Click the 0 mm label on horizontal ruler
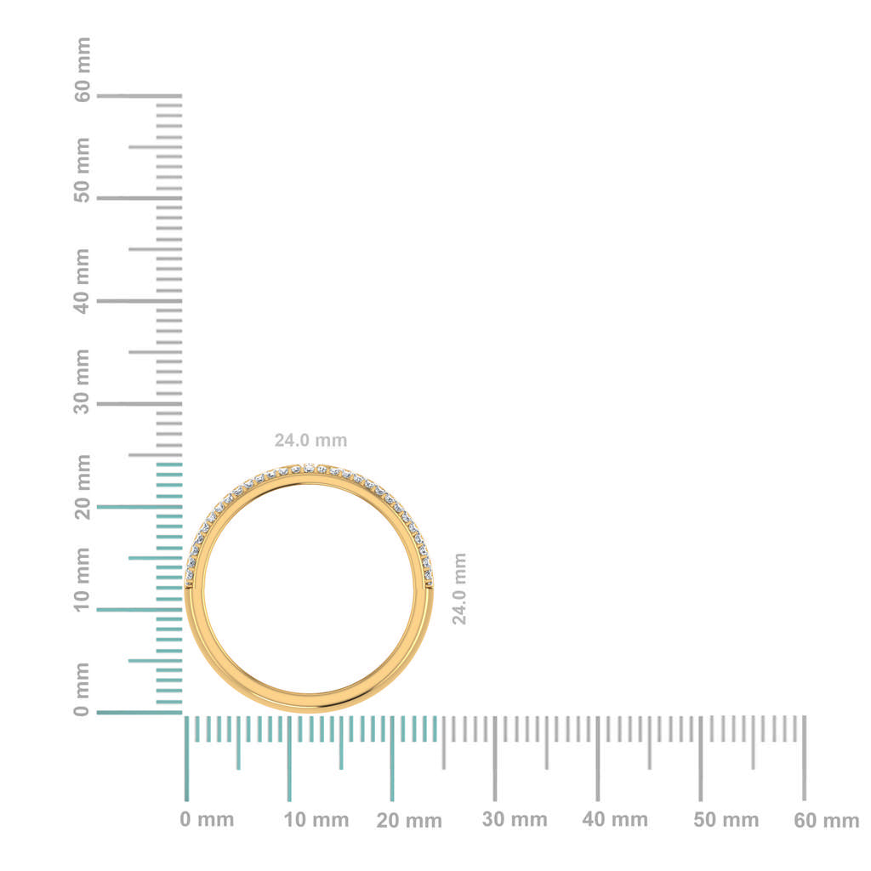tap(207, 820)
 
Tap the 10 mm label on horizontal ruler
tap(316, 820)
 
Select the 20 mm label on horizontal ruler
tap(409, 821)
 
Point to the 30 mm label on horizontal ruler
tap(515, 820)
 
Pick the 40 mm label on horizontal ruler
tap(615, 820)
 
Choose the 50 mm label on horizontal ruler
tap(726, 820)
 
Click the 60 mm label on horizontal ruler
tap(827, 821)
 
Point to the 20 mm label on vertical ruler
tap(82, 486)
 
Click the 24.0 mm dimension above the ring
tap(310, 441)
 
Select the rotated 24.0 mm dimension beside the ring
tap(459, 589)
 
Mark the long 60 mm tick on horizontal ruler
tap(804, 758)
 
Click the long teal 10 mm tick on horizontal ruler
tap(289, 758)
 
